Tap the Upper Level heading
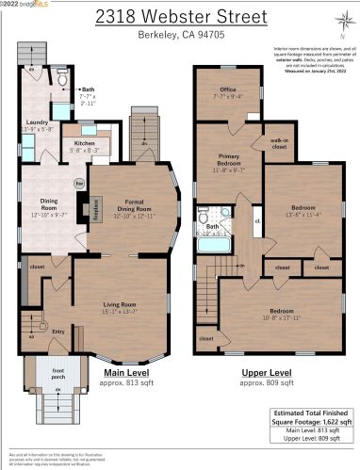coord(264,373)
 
